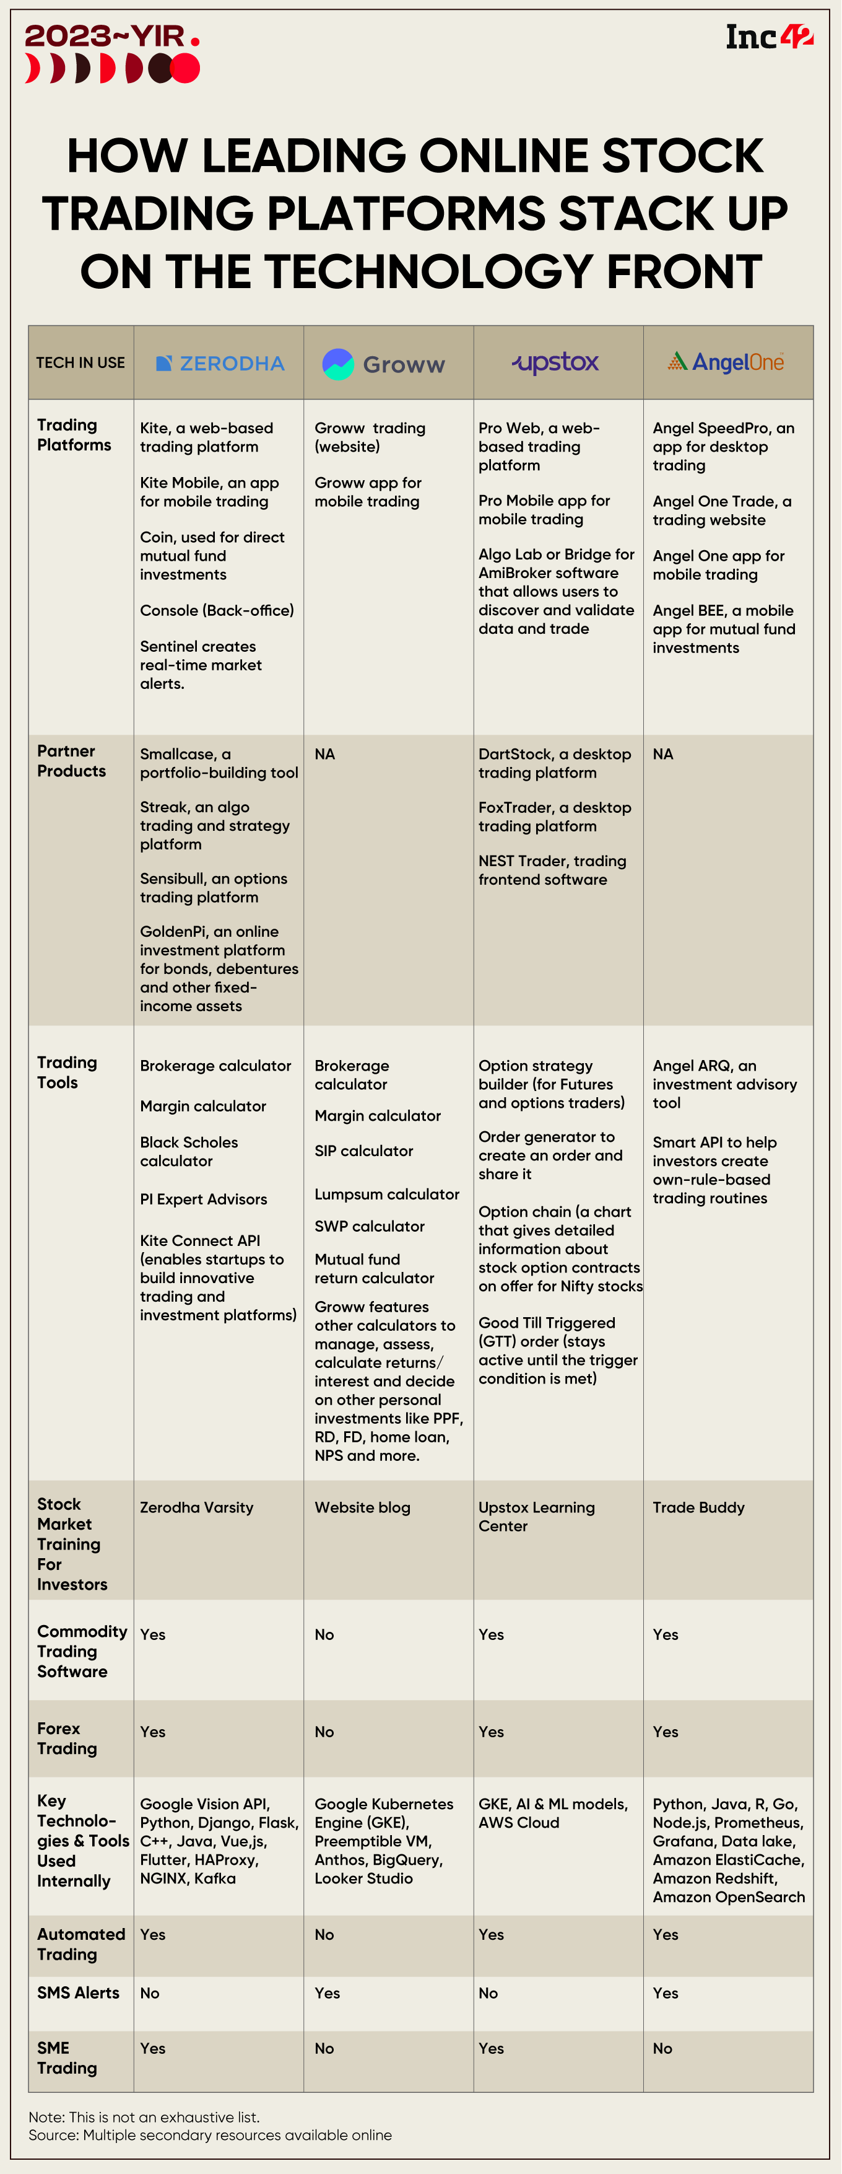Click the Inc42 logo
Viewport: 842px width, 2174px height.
click(x=768, y=37)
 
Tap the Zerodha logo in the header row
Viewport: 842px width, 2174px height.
click(x=220, y=364)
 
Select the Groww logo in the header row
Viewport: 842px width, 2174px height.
click(x=384, y=364)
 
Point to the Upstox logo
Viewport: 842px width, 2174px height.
click(x=555, y=363)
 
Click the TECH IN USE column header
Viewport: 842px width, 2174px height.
click(x=80, y=363)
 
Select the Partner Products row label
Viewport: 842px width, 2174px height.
click(x=72, y=761)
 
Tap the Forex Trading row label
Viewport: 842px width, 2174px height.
click(x=67, y=1738)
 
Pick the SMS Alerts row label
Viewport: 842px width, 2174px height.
click(x=79, y=1992)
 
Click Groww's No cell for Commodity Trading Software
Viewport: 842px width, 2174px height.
click(x=324, y=1635)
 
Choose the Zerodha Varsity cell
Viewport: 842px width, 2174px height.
click(x=197, y=1507)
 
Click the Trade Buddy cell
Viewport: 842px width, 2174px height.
click(x=698, y=1507)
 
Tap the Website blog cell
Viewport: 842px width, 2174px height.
click(x=363, y=1507)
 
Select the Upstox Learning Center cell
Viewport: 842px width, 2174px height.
click(x=537, y=1517)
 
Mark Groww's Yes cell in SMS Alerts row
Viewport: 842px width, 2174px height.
click(x=328, y=1992)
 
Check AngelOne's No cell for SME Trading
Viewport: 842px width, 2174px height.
click(x=662, y=2048)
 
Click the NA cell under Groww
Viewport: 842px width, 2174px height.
click(x=325, y=753)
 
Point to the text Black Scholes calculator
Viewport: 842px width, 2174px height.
click(x=189, y=1151)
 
